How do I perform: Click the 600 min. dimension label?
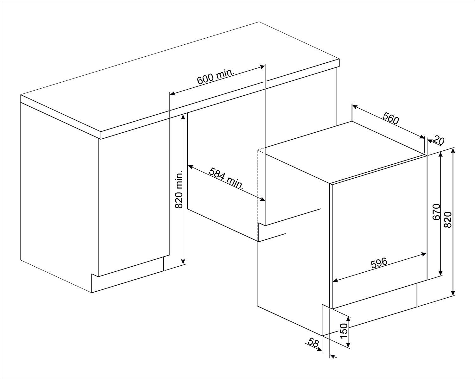[215, 76]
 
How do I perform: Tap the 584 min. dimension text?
[226, 178]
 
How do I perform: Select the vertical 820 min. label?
[179, 189]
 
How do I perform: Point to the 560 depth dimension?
[391, 118]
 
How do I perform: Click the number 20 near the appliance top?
[438, 140]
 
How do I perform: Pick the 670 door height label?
[436, 212]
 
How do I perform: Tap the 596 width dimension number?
[379, 263]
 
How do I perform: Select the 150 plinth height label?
[344, 331]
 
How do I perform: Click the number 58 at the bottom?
[313, 343]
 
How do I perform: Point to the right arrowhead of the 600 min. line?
[262, 67]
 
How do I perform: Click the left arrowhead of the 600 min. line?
[173, 94]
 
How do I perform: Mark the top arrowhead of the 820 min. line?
[183, 117]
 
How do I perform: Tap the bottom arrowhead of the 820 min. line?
[183, 262]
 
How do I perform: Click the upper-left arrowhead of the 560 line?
[354, 106]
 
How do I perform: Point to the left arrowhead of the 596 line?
[335, 281]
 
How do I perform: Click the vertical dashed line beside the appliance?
[257, 195]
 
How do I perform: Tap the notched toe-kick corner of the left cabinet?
[92, 274]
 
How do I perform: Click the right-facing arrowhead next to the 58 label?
[319, 349]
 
